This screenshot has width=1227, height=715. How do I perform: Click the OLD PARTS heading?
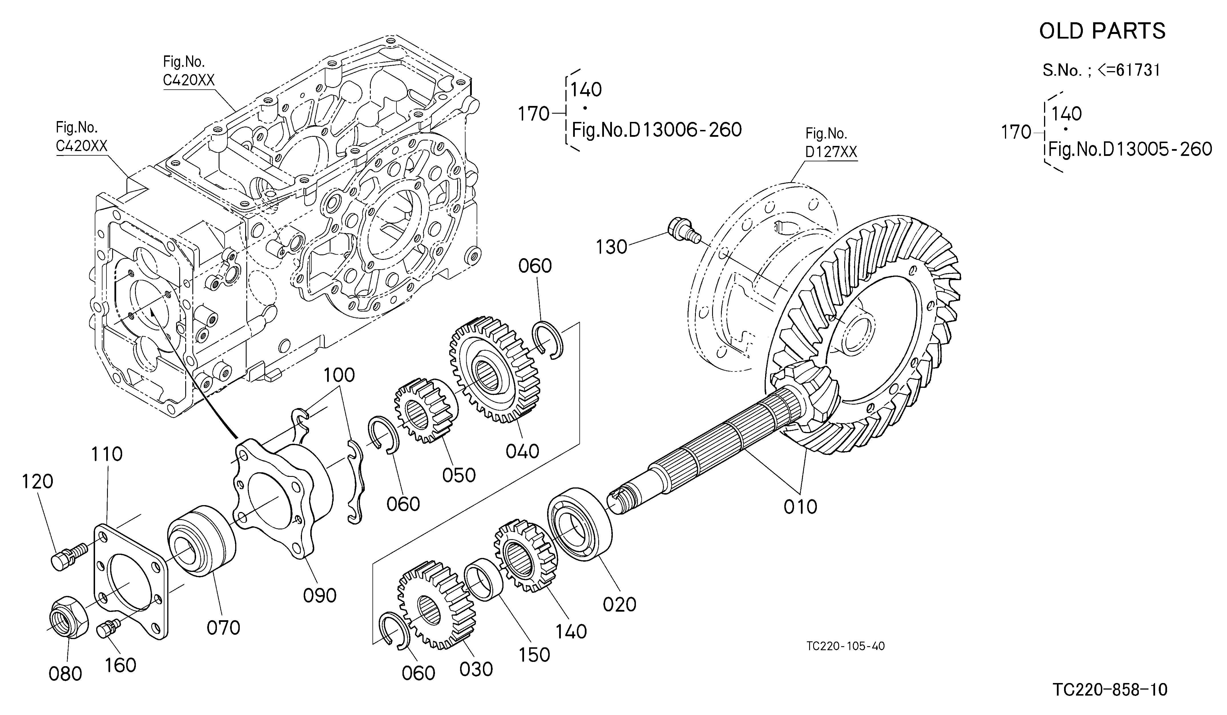click(1102, 31)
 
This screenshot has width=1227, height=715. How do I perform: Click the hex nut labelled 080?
click(69, 618)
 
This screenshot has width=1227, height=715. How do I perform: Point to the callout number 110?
click(107, 454)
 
